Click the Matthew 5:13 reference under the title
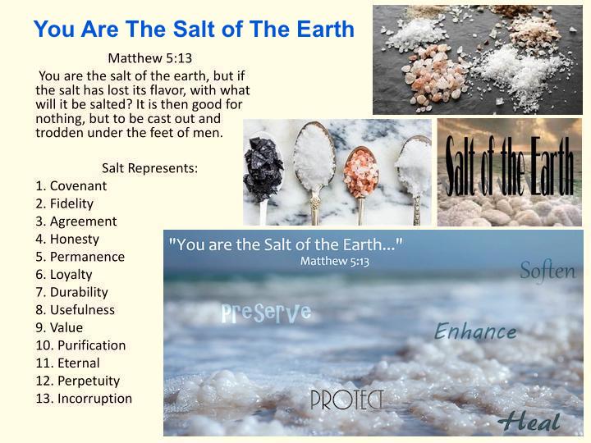coord(149,58)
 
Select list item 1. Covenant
coord(71,185)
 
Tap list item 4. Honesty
coord(67,240)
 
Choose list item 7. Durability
coord(72,292)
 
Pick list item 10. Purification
coord(80,345)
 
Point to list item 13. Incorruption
coord(84,399)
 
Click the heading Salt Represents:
coord(149,168)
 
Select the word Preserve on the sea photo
coord(266,313)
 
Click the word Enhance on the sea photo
coord(475,331)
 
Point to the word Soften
coord(547,271)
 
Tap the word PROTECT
coord(346,400)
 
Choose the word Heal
coord(530,422)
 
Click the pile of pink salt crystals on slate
coord(433,75)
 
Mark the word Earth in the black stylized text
coord(552,166)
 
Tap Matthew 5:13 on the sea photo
coord(335,261)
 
